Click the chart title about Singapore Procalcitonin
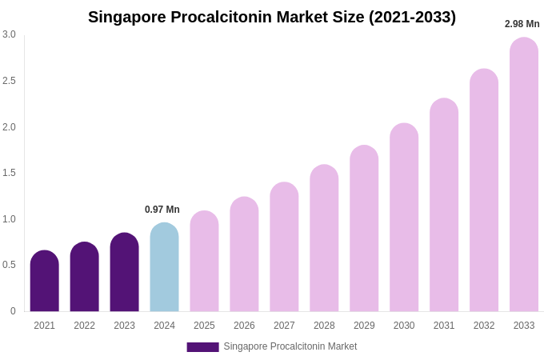click(272, 17)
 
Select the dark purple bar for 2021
click(45, 282)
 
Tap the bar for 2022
click(85, 278)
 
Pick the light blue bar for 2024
click(164, 268)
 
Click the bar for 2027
click(284, 247)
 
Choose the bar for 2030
click(404, 218)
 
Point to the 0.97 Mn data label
click(162, 210)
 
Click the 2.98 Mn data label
click(522, 24)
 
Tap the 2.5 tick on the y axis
click(9, 81)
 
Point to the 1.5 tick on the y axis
click(9, 173)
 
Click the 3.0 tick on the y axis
click(9, 34)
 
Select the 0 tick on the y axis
click(13, 311)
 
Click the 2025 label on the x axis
click(204, 326)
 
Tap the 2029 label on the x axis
click(364, 326)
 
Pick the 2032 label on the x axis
click(484, 326)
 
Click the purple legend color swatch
click(202, 347)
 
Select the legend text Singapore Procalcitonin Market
click(290, 346)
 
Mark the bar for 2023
click(124, 273)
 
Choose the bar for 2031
click(444, 206)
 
